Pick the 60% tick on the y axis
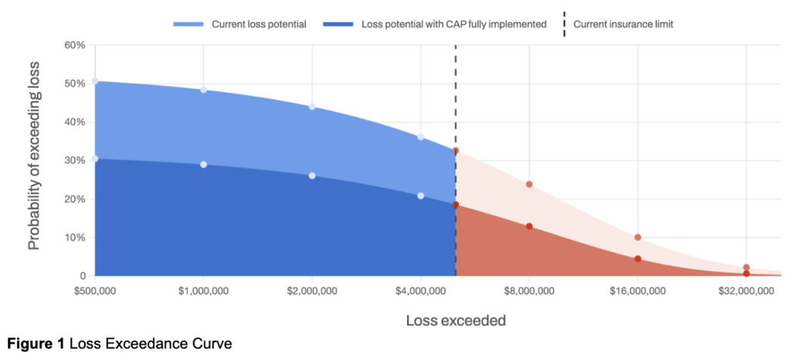coord(73,45)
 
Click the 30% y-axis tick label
coord(73,161)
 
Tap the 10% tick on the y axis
coord(73,237)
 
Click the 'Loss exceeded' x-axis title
coord(456,319)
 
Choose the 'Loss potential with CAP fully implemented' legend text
coord(454,24)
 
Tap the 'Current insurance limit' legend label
coord(623,24)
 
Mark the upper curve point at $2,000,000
coord(312,107)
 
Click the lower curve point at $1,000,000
coord(203,165)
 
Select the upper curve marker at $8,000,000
coord(529,185)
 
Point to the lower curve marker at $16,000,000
coord(638,259)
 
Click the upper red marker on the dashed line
coord(456,151)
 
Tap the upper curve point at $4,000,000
coord(420,137)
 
